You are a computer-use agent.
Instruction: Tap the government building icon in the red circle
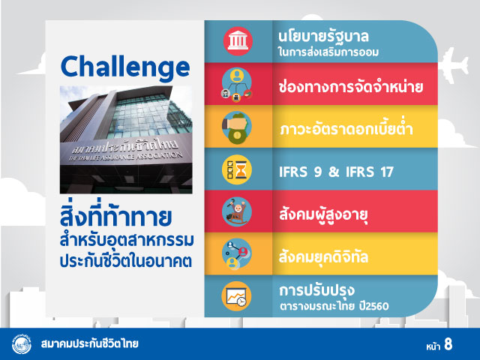[x=238, y=41]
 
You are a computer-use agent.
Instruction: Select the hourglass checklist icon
[x=237, y=170]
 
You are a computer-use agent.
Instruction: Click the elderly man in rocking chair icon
[x=237, y=211]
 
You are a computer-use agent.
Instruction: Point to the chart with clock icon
[x=236, y=296]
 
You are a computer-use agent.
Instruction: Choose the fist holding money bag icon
[x=237, y=127]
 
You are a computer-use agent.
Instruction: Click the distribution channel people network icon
[x=237, y=85]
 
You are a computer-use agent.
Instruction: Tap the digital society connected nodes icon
[x=237, y=254]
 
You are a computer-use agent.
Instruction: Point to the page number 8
[x=448, y=344]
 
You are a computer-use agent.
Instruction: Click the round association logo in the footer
[x=22, y=344]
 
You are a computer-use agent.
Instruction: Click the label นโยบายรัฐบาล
[x=323, y=37]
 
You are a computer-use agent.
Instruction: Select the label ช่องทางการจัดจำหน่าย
[x=351, y=87]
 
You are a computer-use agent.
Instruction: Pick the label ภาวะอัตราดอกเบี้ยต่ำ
[x=346, y=128]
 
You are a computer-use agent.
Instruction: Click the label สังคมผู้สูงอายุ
[x=323, y=214]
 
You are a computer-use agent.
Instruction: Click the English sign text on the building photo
[x=125, y=157]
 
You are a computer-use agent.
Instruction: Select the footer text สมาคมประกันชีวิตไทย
[x=89, y=343]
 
